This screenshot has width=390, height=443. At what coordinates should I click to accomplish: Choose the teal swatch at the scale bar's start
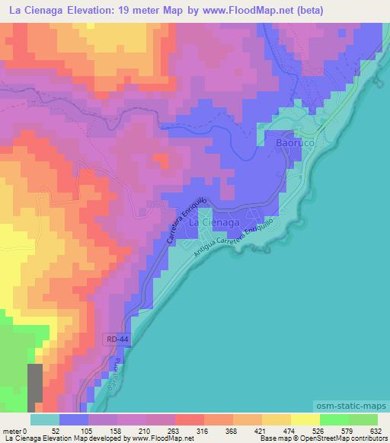pyautogui.click(x=45, y=419)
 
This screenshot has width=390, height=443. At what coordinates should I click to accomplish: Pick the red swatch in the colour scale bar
pyautogui.click(x=190, y=419)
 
